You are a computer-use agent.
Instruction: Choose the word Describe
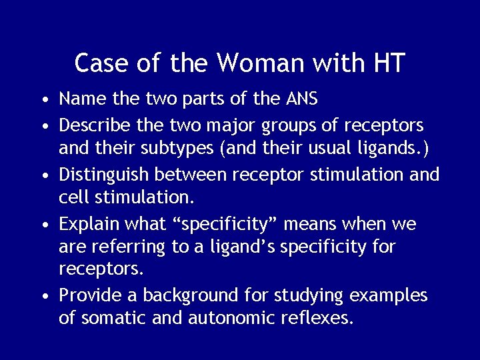point(91,125)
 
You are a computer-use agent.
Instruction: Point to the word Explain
point(85,225)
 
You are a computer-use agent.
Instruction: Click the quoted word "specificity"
point(231,225)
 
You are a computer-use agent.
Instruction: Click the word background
point(180,295)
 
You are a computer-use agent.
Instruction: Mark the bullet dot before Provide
point(43,296)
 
